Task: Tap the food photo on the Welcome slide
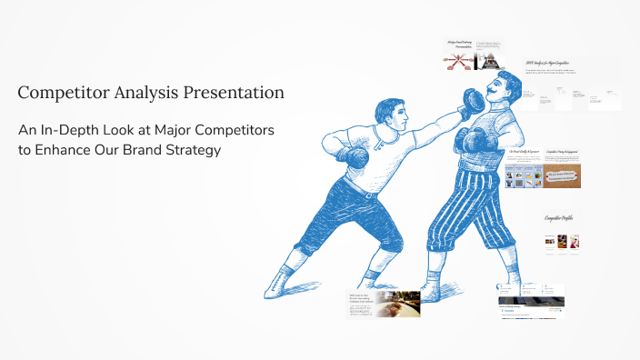(x=398, y=304)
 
